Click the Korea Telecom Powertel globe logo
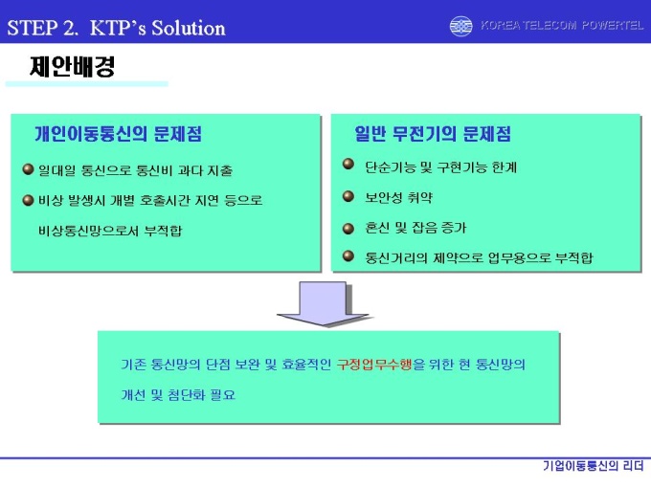click(460, 26)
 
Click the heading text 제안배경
click(72, 66)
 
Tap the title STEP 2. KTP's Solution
click(116, 28)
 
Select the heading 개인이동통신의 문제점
click(119, 134)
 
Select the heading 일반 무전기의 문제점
click(433, 134)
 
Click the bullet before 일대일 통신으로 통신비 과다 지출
click(28, 169)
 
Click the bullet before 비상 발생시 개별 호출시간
click(28, 200)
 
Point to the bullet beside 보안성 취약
click(348, 196)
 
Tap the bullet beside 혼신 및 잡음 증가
click(348, 229)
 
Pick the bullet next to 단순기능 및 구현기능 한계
click(348, 164)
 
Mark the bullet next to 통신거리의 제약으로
click(348, 256)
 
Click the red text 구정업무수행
click(374, 365)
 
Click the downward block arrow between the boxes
click(323, 304)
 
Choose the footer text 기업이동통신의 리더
click(594, 466)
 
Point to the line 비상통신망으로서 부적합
click(110, 231)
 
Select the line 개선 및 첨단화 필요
click(178, 394)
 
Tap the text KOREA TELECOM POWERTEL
click(562, 25)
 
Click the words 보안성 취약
click(398, 197)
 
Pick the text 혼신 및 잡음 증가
click(415, 228)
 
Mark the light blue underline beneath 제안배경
click(87, 84)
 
